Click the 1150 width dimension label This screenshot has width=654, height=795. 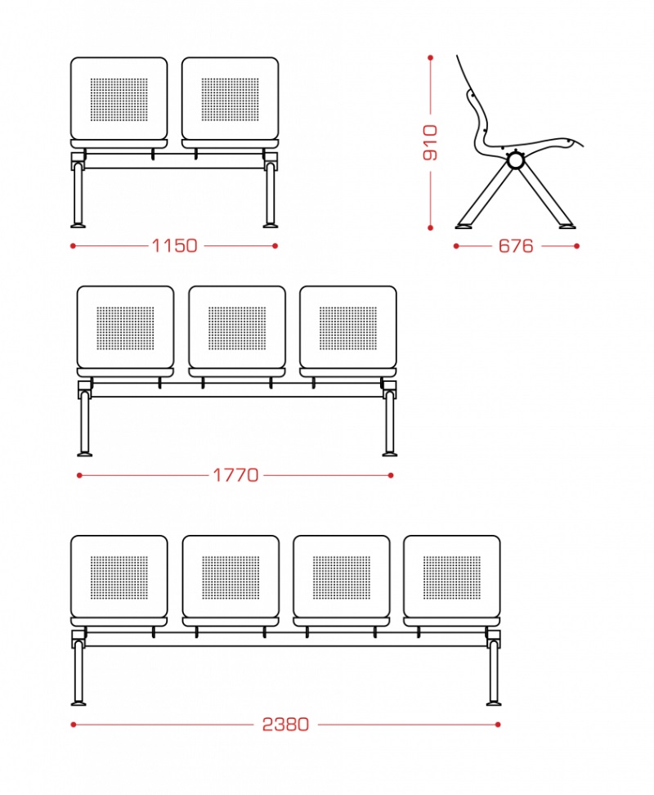pos(175,246)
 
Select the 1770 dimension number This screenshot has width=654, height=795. pos(235,475)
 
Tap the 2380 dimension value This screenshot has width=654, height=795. pos(285,725)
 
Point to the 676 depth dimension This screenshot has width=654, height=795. pos(516,246)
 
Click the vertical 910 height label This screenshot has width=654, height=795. pos(430,142)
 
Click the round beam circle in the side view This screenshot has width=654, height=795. pos(516,161)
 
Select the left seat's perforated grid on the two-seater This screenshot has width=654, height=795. pos(119,100)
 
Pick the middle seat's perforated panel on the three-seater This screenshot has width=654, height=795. pos(237,328)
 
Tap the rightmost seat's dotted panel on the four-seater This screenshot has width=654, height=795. pos(452,577)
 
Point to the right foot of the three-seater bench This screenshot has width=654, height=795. pos(390,453)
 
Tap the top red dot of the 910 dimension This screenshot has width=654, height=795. pos(431,58)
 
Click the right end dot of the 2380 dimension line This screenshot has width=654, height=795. pos(498,725)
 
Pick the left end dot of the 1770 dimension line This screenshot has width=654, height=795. pos(79,475)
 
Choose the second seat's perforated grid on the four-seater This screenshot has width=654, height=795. pos(231,577)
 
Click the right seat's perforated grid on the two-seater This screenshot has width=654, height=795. pos(230,100)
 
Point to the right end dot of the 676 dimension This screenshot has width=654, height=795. pos(577,246)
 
